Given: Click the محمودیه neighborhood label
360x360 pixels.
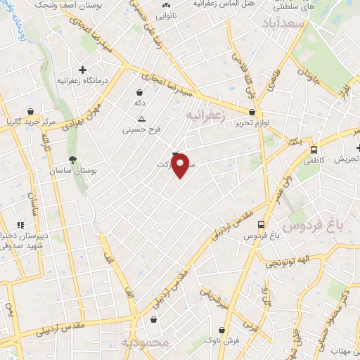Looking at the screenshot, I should (x=145, y=342).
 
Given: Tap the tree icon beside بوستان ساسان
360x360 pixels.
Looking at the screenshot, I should (x=73, y=160).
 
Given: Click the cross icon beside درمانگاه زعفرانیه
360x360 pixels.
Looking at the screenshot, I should (x=83, y=70).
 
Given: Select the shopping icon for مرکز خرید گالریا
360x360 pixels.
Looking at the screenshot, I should (x=30, y=111).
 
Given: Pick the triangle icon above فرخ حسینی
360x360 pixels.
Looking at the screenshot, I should (x=142, y=119).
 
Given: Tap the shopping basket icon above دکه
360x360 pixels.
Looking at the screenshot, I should (x=139, y=92).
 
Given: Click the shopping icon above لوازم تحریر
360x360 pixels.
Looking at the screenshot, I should (x=252, y=111).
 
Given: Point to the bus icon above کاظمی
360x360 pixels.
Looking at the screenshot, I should (x=314, y=150).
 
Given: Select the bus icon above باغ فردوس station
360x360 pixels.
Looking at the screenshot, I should (x=262, y=224).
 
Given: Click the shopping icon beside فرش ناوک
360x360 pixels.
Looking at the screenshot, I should (x=222, y=329).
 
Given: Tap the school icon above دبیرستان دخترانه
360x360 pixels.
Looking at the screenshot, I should (x=30, y=224).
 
